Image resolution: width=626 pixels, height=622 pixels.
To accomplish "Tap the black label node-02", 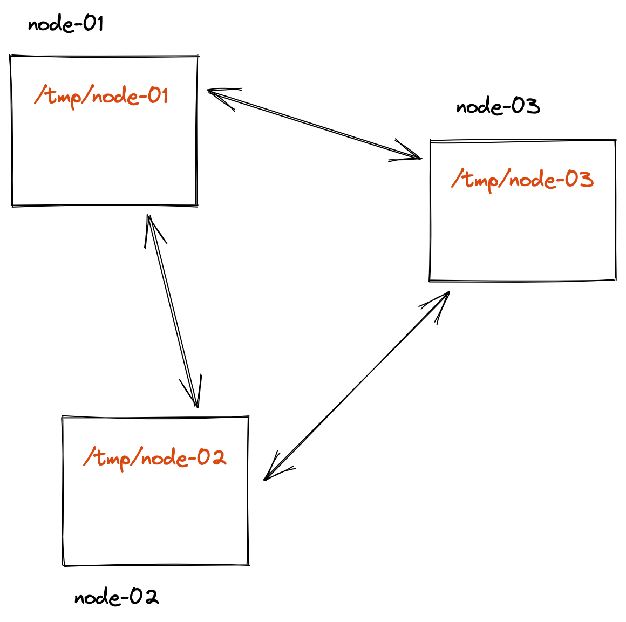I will pos(117,597).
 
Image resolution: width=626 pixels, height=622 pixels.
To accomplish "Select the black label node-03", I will pos(498,106).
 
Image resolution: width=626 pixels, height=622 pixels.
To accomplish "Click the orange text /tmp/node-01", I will pos(101,97).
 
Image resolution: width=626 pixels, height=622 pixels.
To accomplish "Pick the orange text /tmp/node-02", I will pos(155,458).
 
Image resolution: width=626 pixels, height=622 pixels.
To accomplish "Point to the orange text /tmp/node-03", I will pos(522,180).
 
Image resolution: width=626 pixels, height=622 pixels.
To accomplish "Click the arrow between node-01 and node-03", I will pos(314,125).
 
